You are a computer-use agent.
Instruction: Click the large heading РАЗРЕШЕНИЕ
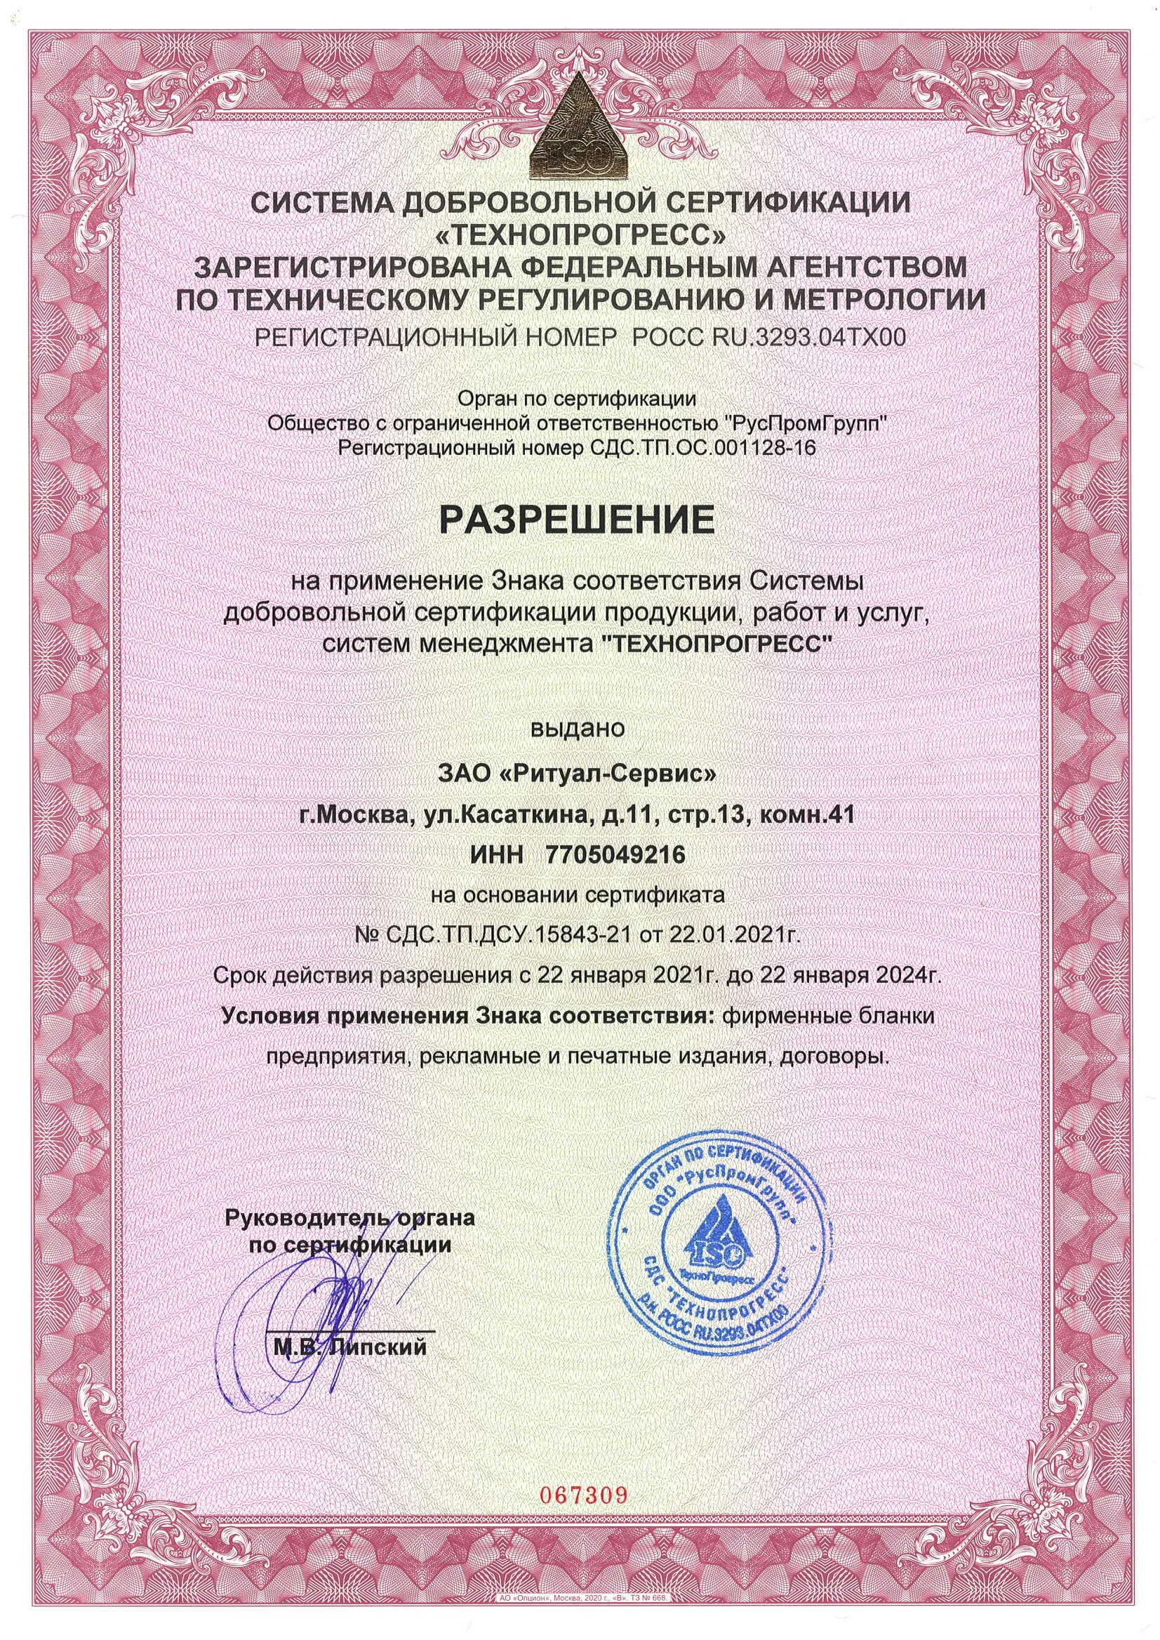(x=579, y=520)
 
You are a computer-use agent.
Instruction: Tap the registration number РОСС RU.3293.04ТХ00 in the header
(x=765, y=337)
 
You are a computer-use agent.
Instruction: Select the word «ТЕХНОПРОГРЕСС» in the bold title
(x=579, y=234)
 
